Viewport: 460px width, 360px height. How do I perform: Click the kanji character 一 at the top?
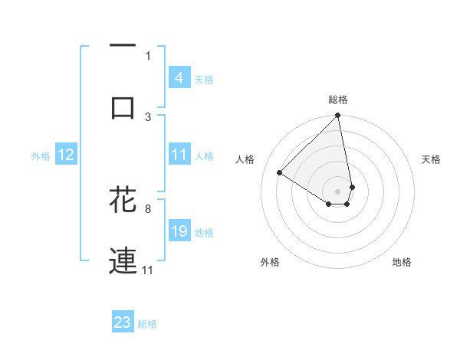[123, 45]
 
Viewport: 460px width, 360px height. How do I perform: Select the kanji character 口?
[123, 107]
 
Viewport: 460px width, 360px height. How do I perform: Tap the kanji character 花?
[123, 198]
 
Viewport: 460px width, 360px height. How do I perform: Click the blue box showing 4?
[179, 78]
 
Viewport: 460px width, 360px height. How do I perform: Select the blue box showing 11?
[179, 155]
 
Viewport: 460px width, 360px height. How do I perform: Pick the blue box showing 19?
[179, 231]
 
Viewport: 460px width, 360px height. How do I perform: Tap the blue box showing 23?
[123, 322]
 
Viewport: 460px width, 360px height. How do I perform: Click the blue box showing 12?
[66, 155]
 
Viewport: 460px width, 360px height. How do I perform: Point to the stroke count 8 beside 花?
[147, 208]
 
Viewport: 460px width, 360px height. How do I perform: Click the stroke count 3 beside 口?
[148, 116]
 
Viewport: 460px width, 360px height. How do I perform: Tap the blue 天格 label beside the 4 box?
[204, 79]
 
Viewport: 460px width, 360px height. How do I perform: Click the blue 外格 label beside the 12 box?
[41, 155]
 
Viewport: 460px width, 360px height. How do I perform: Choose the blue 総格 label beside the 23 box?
[147, 323]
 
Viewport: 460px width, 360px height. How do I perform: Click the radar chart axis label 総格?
[338, 100]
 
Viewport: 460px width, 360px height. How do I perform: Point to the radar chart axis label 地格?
[402, 262]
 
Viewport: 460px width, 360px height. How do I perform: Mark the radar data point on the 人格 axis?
[280, 173]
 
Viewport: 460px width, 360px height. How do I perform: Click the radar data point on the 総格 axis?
[338, 116]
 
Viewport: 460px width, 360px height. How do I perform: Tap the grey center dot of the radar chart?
[338, 191]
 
